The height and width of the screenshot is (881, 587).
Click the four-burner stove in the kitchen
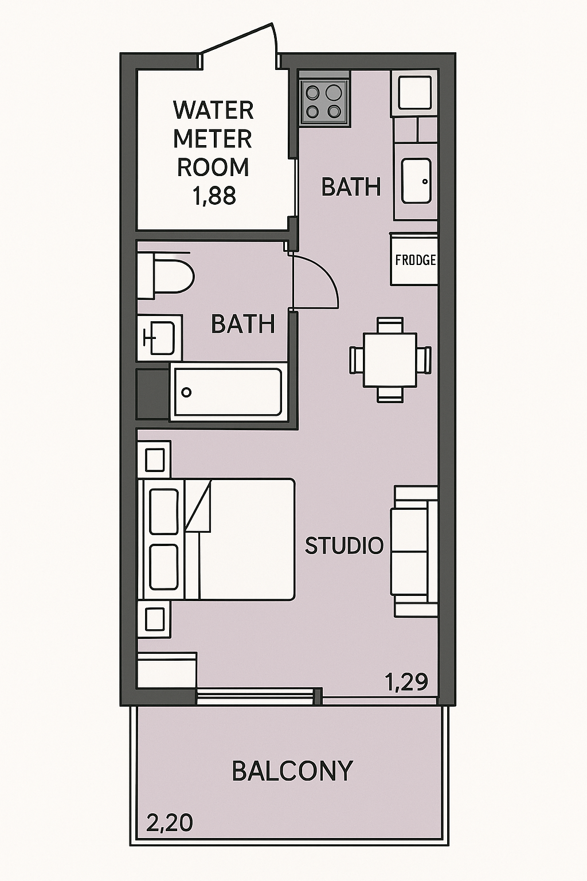(x=324, y=102)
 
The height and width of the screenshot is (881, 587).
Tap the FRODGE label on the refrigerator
(x=415, y=260)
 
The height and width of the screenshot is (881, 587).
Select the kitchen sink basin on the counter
(x=416, y=181)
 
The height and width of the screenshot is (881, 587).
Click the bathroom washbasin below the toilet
(x=160, y=338)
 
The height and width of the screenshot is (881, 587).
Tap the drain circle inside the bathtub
(x=186, y=392)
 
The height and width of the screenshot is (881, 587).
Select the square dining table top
(x=390, y=360)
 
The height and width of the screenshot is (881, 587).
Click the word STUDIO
(x=344, y=545)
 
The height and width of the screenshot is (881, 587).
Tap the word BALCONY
(x=292, y=771)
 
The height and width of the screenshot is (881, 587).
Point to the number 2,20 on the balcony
(x=169, y=823)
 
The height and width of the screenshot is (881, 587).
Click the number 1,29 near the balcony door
(x=406, y=682)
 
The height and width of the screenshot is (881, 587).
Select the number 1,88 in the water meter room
(x=214, y=196)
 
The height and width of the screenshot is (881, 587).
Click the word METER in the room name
(x=213, y=139)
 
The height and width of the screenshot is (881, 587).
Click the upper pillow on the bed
(x=163, y=511)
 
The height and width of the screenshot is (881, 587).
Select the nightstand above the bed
(x=154, y=459)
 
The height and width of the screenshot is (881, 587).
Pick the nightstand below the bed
(x=154, y=619)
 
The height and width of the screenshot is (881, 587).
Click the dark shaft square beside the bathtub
(x=152, y=393)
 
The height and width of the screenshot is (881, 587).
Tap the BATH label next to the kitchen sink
(x=351, y=187)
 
